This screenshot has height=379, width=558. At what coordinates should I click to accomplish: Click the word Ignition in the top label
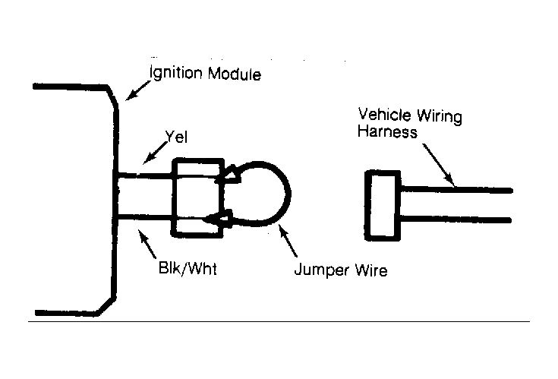coord(176,73)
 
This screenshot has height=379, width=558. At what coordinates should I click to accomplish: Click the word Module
coord(235,74)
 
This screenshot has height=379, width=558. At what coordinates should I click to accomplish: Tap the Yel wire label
coord(176,137)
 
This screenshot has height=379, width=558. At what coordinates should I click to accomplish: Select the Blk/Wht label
coord(188,268)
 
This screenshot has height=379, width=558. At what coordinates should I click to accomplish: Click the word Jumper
coord(322,270)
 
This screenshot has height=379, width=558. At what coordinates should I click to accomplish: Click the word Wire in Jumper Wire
coord(371,270)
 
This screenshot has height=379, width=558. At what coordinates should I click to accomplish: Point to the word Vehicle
coord(384,115)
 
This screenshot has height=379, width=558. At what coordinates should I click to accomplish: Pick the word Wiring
coord(440,117)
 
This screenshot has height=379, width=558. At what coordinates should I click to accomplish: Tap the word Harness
coord(387,131)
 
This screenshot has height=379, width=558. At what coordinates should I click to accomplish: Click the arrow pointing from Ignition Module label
coord(138,90)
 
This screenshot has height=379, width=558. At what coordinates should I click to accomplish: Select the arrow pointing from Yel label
coord(155,153)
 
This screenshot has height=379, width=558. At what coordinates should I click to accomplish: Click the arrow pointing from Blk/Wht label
coord(147,244)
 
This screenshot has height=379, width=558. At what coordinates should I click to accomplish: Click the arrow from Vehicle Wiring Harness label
coord(439,165)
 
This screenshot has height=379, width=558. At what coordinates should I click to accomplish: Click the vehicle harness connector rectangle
coord(383,205)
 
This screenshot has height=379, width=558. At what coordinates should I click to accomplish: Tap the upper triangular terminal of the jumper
coord(229,174)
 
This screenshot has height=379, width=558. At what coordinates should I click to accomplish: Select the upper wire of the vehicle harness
coord(456,189)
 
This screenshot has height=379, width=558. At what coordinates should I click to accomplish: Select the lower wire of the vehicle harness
coord(456,219)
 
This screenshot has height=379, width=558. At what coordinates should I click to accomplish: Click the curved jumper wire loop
coord(291,194)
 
